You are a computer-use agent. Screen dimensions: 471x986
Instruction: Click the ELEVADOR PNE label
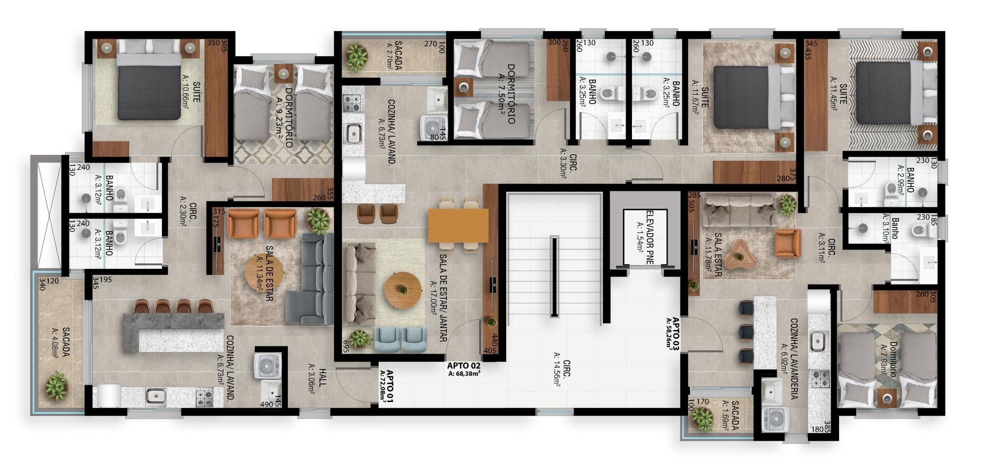(x=645, y=237)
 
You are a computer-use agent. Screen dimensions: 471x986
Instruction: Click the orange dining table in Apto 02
(x=458, y=225)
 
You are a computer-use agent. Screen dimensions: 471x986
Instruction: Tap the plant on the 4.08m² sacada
(x=56, y=386)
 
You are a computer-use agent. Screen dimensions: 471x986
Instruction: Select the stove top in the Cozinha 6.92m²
(x=820, y=378)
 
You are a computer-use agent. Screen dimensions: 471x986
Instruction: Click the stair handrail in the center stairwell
(x=554, y=277)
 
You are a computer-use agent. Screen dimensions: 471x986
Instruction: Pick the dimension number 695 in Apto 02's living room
(x=346, y=345)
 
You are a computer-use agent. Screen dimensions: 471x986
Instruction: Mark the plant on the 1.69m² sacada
(x=702, y=418)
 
